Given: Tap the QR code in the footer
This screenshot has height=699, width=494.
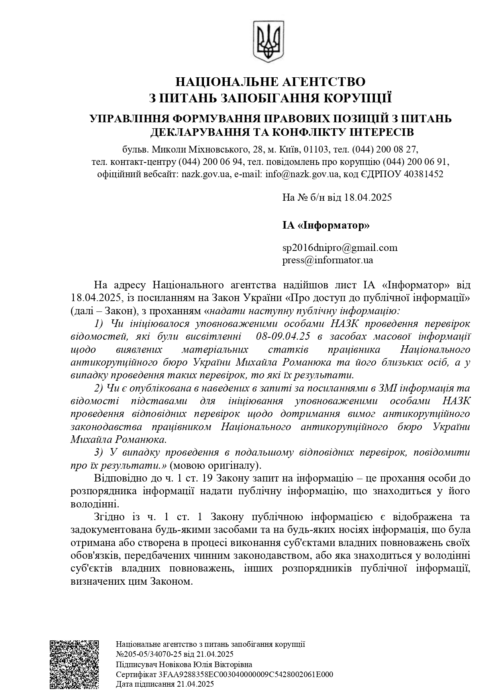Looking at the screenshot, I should point(74,664).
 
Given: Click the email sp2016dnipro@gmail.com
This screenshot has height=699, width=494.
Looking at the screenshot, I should point(340,248).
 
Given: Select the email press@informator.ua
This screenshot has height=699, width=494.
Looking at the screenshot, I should point(328,260).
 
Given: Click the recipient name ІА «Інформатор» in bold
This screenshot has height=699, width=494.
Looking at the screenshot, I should point(326,225).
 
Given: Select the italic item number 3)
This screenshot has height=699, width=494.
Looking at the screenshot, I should point(99,452).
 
